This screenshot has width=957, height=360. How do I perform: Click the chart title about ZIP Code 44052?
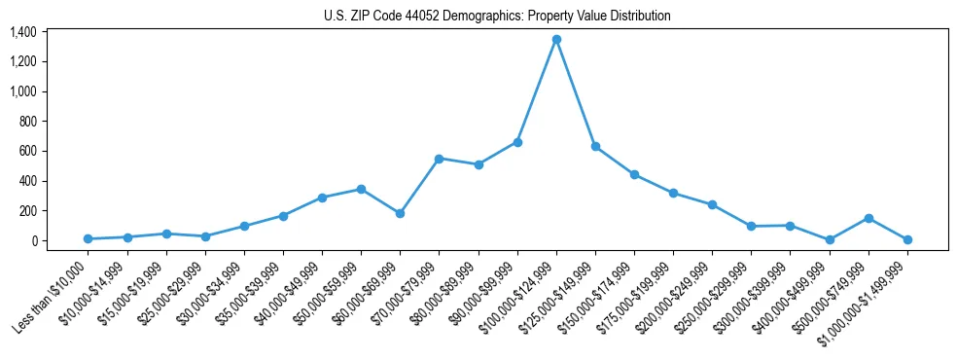[x=497, y=16]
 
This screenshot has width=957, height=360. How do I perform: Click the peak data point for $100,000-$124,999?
[x=556, y=40]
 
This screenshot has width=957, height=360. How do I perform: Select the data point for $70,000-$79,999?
[x=440, y=159]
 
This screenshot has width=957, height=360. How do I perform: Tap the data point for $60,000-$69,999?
[x=400, y=213]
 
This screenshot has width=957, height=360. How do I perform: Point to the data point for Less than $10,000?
[x=89, y=238]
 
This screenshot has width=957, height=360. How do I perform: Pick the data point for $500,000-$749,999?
[x=868, y=218]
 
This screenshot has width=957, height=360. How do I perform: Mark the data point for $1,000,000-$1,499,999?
[x=907, y=239]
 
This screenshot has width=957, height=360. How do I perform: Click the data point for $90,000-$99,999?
[x=517, y=142]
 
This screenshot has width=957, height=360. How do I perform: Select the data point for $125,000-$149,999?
[x=595, y=146]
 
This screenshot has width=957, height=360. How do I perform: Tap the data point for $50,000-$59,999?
[x=361, y=189]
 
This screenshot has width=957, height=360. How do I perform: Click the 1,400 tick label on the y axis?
[x=23, y=32]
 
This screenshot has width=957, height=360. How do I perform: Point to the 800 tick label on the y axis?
[x=27, y=122]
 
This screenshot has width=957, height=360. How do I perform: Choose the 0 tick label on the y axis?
[x=33, y=241]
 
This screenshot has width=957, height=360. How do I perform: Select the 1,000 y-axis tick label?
[x=23, y=91]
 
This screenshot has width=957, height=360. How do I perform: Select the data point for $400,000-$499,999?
[x=830, y=239]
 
